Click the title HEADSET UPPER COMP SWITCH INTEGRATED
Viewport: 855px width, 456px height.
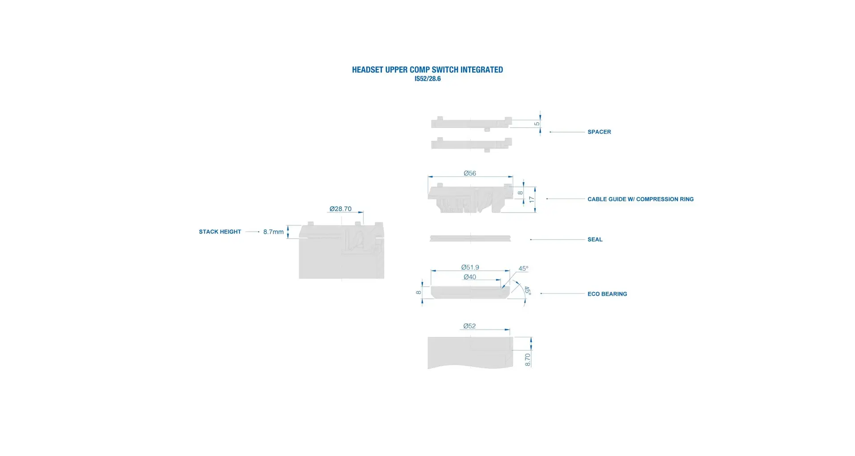point(427,69)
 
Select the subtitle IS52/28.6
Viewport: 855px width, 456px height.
point(427,79)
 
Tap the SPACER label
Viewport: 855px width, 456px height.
point(599,132)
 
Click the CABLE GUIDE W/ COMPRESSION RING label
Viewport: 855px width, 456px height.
point(640,199)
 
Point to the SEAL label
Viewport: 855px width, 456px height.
point(595,240)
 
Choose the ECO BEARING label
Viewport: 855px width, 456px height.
point(607,294)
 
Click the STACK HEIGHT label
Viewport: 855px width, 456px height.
point(220,232)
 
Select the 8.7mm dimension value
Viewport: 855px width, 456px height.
point(273,232)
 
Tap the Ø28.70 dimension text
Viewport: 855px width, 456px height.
point(341,208)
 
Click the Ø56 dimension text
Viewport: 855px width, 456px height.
point(470,173)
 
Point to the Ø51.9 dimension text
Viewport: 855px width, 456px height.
point(470,267)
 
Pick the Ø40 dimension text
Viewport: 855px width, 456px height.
point(470,277)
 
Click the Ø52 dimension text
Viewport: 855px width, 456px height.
point(469,326)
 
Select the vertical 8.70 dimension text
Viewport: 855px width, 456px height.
point(528,360)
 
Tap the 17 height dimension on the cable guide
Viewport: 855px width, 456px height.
point(531,199)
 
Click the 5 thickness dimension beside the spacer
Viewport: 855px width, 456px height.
point(537,124)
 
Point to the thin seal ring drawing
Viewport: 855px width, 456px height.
point(470,238)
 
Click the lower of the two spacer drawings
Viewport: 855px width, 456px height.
point(471,144)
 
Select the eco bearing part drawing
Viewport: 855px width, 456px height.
point(470,292)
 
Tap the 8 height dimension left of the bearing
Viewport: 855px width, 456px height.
point(419,293)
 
